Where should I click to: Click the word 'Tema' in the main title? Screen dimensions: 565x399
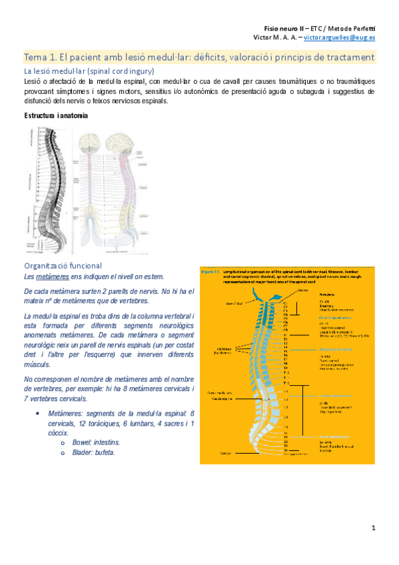pyautogui.click(x=35, y=58)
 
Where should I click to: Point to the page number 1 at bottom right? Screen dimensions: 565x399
pyautogui.click(x=374, y=528)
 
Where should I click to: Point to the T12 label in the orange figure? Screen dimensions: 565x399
pyautogui.click(x=286, y=384)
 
